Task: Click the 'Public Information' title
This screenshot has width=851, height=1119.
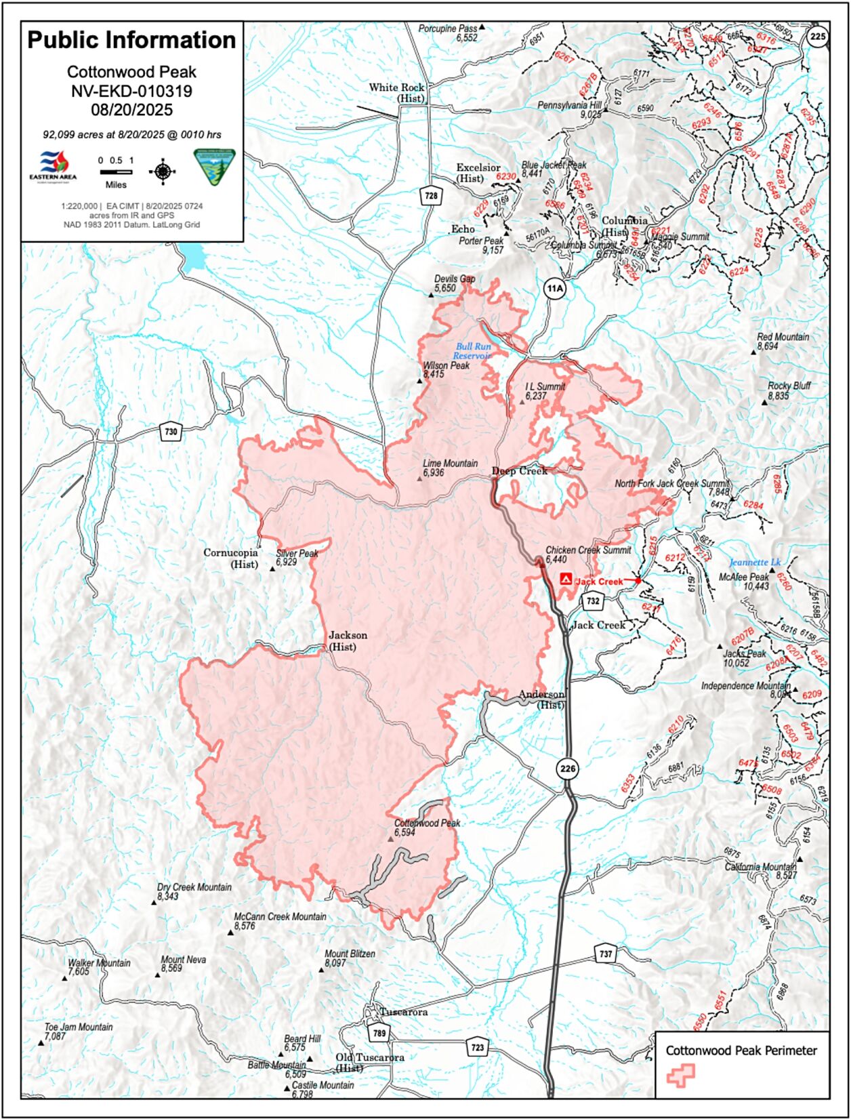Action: click(x=131, y=40)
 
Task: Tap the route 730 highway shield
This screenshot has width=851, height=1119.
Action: click(x=170, y=431)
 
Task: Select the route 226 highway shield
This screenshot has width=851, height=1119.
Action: click(x=568, y=768)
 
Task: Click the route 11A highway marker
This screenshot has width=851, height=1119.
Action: click(x=554, y=289)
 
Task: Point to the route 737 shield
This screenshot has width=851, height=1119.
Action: click(x=605, y=954)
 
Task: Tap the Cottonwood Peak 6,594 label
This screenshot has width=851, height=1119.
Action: click(x=427, y=827)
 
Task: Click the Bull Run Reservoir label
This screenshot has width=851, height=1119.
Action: click(x=473, y=351)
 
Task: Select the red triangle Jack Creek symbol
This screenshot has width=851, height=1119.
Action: click(x=566, y=579)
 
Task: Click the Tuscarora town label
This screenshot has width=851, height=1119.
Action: click(x=404, y=1012)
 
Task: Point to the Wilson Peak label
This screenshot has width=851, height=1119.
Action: click(x=446, y=369)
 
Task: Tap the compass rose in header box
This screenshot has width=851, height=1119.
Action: click(x=162, y=171)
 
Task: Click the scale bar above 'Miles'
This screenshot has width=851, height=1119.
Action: click(x=116, y=172)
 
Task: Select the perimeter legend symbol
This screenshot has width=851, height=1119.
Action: click(x=680, y=1075)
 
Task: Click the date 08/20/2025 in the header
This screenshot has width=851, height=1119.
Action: click(x=131, y=110)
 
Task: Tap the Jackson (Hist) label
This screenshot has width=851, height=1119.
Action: click(x=348, y=640)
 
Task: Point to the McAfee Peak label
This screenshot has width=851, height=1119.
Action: click(x=744, y=582)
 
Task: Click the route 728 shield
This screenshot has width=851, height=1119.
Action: click(x=430, y=196)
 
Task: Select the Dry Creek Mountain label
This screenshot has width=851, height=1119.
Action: click(x=194, y=891)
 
